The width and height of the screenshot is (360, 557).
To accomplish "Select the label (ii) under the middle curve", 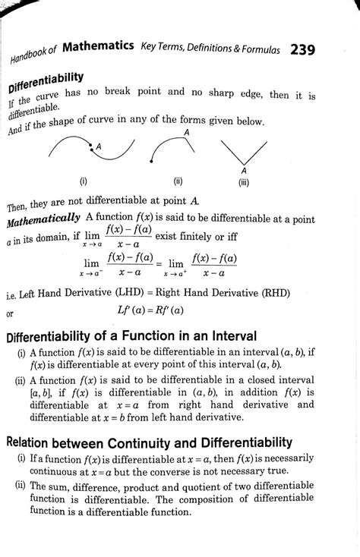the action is click(177, 181).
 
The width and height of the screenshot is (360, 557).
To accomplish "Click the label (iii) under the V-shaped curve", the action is click(244, 182).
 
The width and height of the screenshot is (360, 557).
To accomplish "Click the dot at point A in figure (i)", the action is click(92, 149).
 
